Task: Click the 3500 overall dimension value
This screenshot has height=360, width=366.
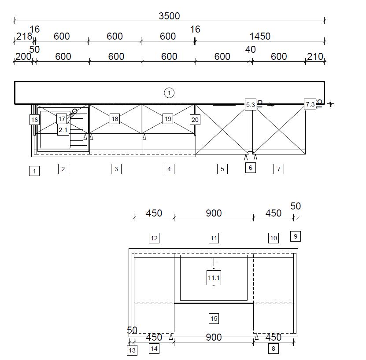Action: (169, 16)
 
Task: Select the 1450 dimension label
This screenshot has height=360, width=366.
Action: (260, 37)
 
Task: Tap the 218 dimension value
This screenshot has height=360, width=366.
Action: (24, 37)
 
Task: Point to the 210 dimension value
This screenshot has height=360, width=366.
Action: (315, 57)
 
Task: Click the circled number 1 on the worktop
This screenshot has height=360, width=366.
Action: (169, 93)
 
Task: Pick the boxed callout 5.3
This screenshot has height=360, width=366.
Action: (251, 105)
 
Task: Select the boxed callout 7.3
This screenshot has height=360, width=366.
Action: (310, 104)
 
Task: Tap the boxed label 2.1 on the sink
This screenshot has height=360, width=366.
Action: (63, 130)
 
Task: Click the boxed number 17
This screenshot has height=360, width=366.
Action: (62, 119)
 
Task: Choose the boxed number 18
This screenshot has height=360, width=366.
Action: (115, 119)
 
